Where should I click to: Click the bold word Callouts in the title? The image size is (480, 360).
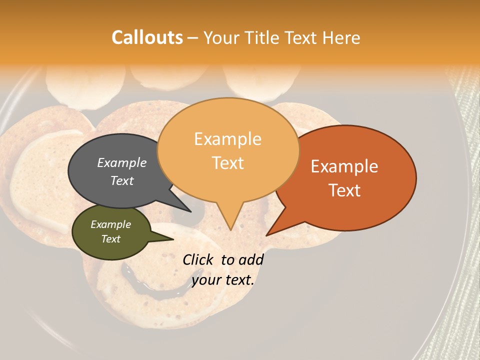pos(147,37)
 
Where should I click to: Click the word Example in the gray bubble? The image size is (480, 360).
pos(122,163)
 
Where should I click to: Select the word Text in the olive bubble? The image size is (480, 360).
pos(111,239)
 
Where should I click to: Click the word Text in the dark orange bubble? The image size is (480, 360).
pos(345,190)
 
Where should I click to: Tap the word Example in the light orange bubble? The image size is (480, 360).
pos(227,139)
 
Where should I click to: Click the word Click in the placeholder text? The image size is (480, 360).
pos(198,259)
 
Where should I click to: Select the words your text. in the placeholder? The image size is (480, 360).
pos(223,280)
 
